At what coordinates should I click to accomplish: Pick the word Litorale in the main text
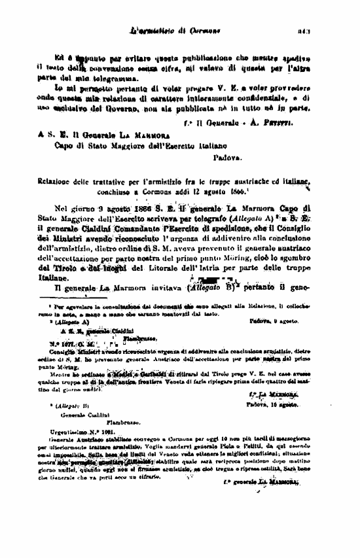pos(171,268)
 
